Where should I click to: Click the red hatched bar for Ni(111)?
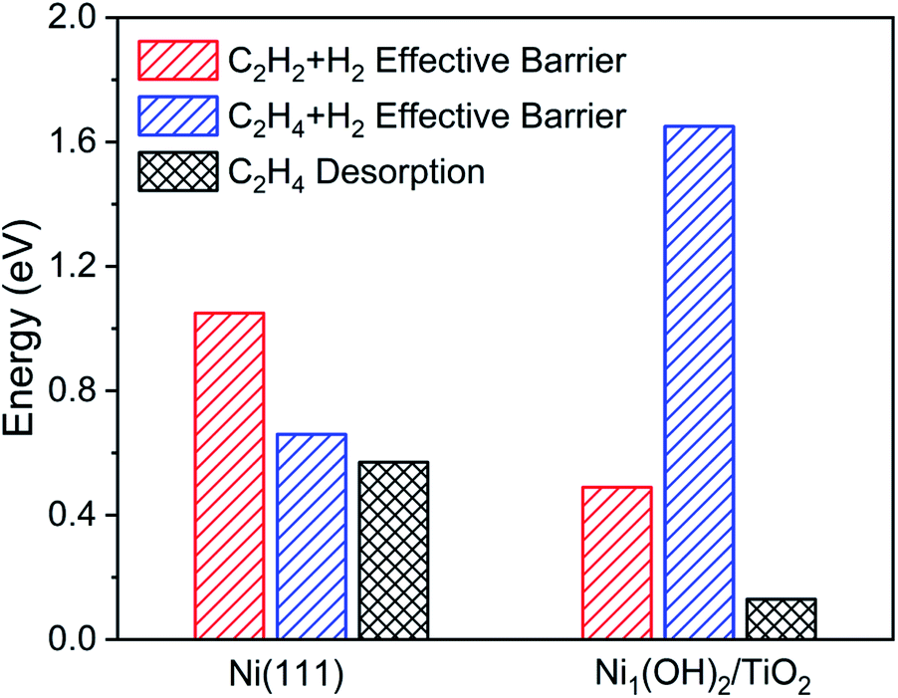coord(230,476)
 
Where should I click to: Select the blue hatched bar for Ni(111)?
coord(312,537)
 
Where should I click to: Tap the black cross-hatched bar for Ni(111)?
coord(393,551)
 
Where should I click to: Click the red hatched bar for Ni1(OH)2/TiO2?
coord(617,563)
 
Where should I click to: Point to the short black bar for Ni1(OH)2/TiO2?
coord(782,618)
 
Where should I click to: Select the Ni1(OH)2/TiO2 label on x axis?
coord(700,673)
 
